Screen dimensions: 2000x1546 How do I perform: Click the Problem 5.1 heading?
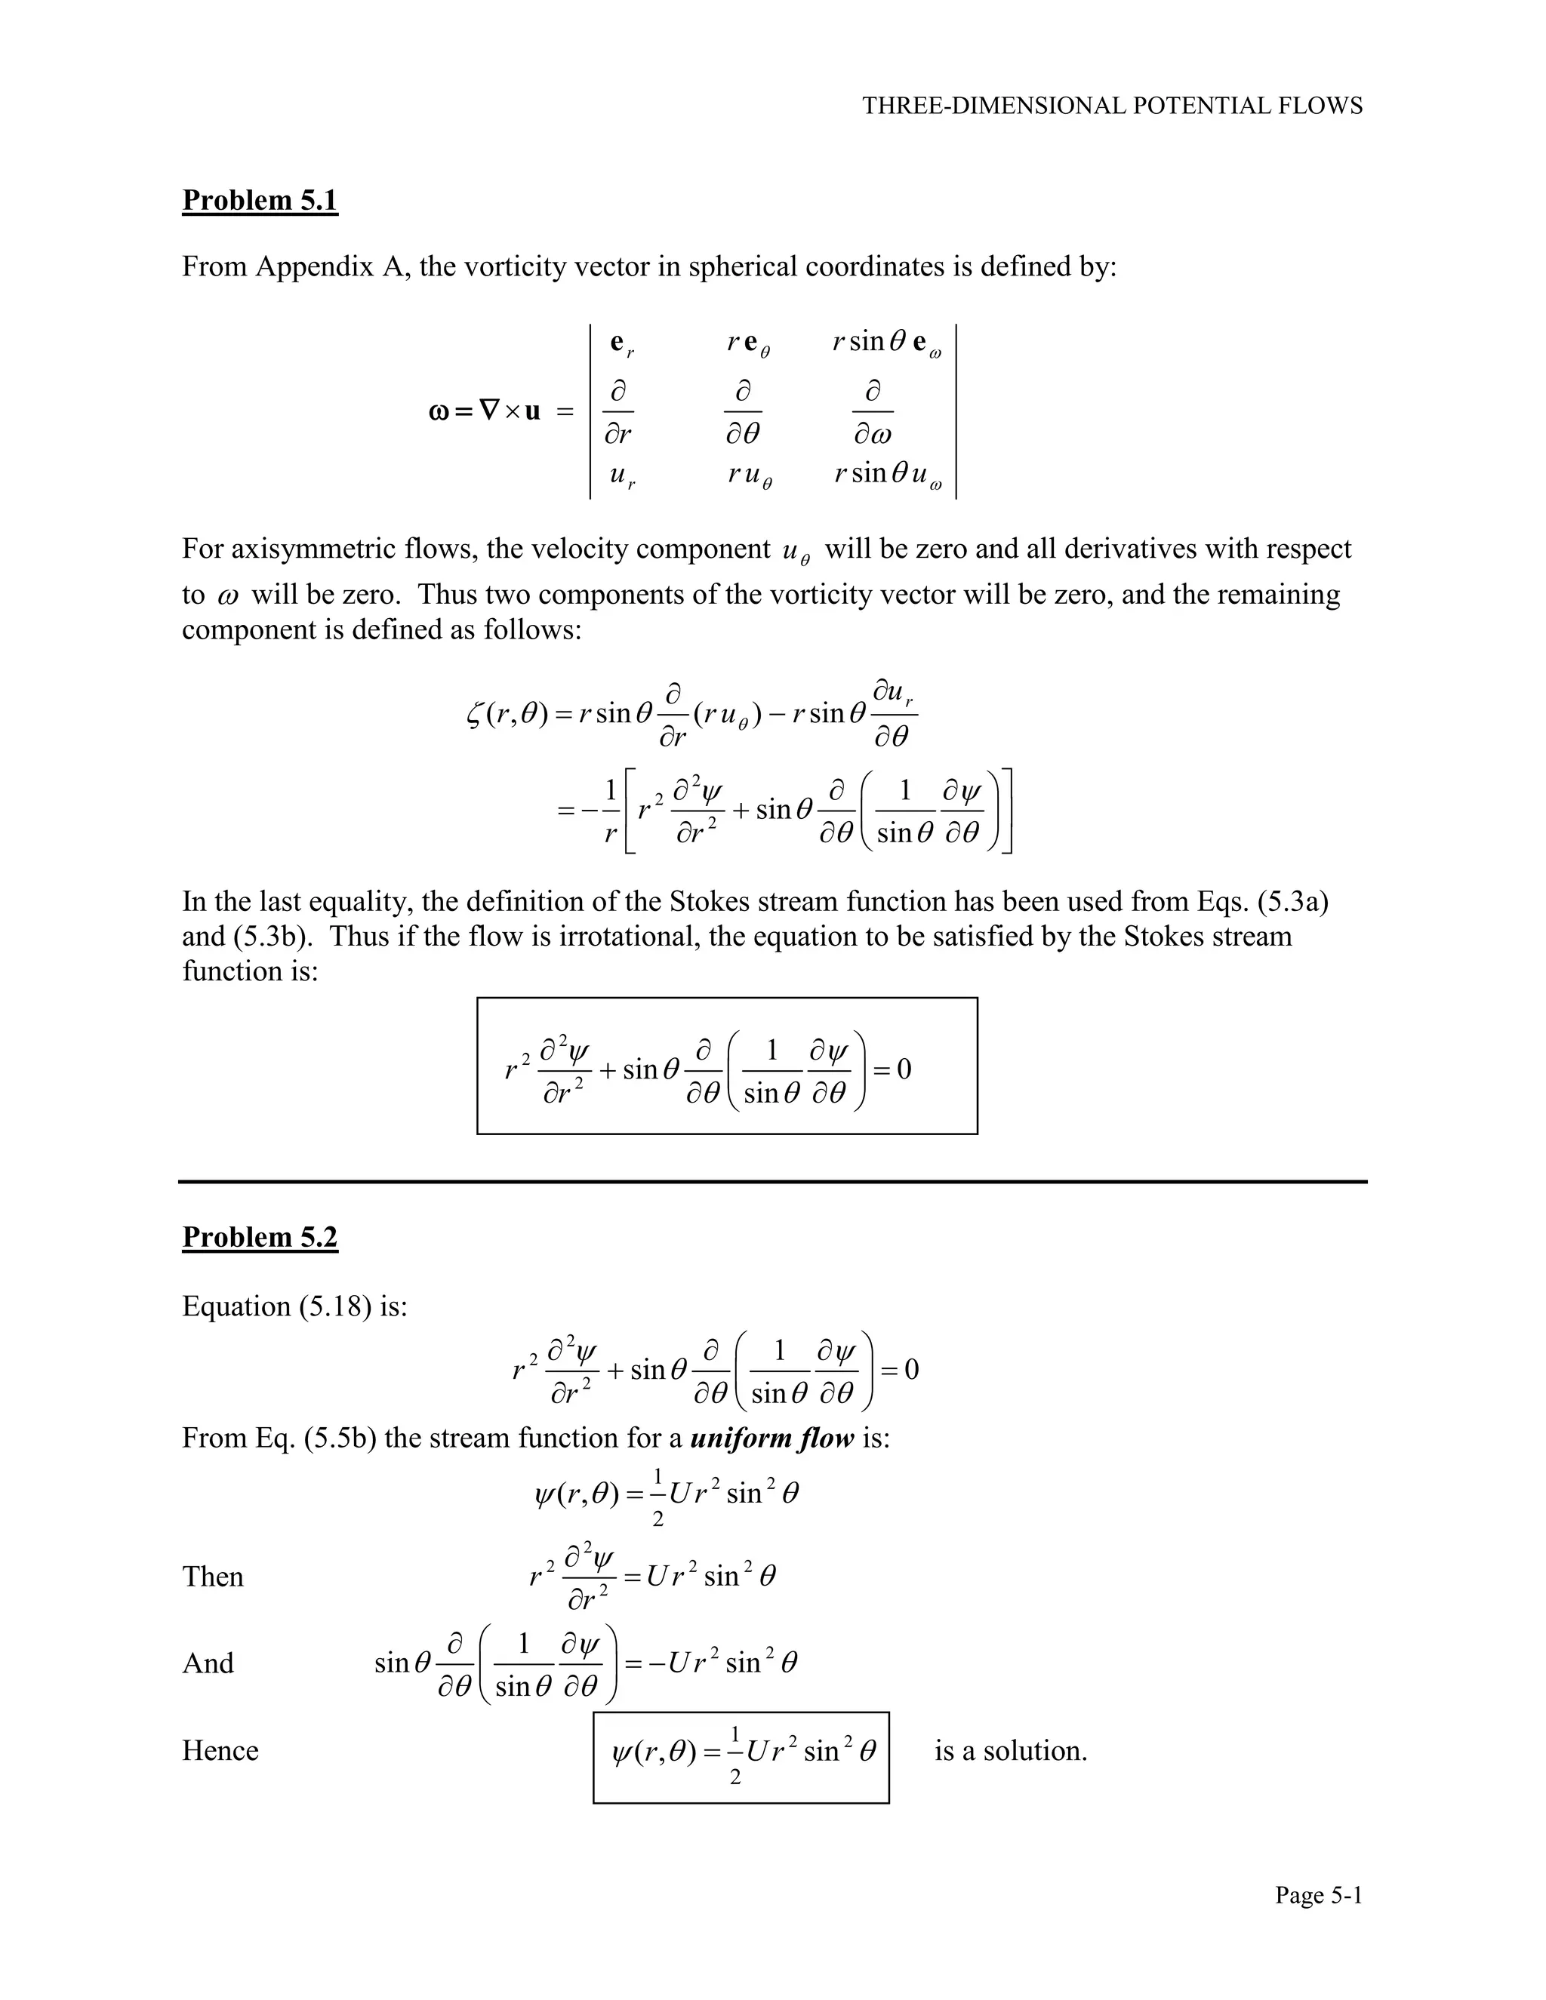[x=260, y=200]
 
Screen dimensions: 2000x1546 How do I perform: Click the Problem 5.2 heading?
[x=260, y=1237]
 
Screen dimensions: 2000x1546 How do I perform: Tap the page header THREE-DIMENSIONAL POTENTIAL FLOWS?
[x=1112, y=106]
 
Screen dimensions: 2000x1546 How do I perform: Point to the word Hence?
[x=220, y=1751]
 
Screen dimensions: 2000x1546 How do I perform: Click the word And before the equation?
[x=208, y=1663]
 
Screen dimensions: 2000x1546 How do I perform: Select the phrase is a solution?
[x=1010, y=1751]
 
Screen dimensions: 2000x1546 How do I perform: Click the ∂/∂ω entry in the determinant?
[x=872, y=412]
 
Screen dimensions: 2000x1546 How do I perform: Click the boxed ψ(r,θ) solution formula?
[x=741, y=1756]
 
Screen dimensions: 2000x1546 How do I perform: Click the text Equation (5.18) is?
[x=294, y=1306]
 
